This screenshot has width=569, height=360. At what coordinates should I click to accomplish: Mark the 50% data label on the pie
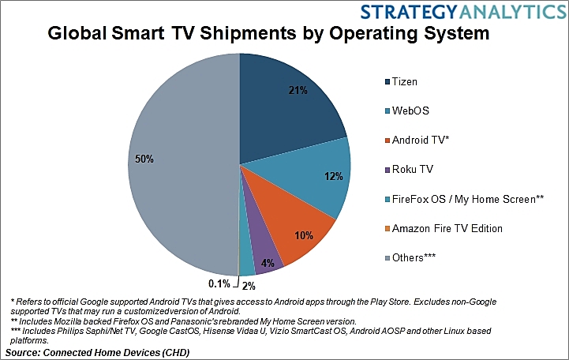tap(144, 159)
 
